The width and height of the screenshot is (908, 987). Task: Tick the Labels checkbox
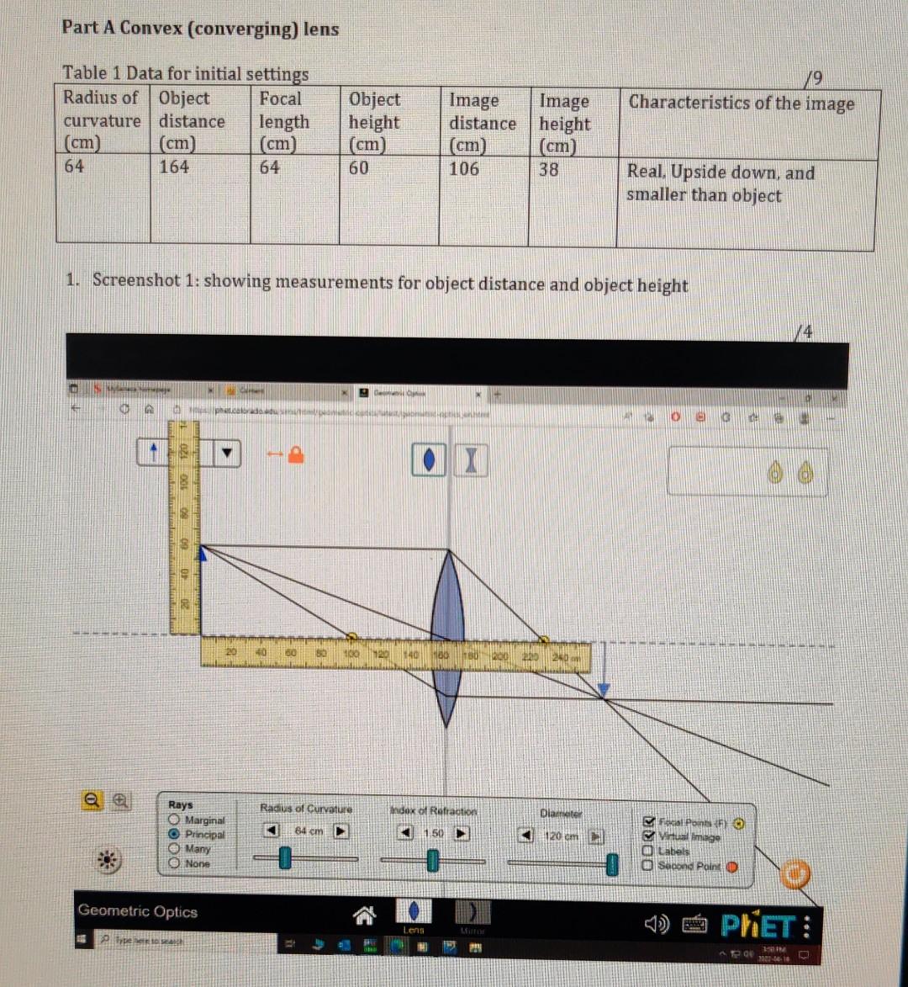coord(649,851)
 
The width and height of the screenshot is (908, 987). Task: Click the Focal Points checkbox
coord(649,821)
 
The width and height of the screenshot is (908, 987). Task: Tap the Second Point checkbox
coord(649,865)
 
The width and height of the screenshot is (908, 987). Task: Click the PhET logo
coord(756,927)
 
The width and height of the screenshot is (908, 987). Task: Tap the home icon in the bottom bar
coord(363,914)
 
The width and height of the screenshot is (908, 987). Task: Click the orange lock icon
coord(295,454)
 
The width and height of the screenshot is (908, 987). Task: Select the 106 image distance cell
coord(464,169)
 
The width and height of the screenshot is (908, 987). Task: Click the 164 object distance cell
coord(174,167)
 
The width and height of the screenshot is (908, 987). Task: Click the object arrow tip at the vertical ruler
coord(203,551)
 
